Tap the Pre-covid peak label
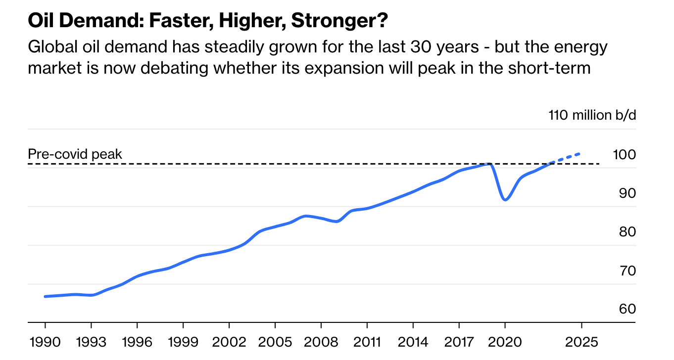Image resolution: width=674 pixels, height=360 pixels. [75, 154]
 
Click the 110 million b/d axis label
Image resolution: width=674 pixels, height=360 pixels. [592, 115]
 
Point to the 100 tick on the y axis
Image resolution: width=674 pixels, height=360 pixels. [624, 155]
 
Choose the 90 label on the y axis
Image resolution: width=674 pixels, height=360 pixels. [627, 193]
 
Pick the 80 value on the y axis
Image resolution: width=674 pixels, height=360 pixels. [627, 232]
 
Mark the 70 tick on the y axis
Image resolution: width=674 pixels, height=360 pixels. [627, 270]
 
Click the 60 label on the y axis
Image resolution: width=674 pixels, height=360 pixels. [627, 309]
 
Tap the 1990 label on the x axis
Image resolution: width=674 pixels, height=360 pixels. [45, 342]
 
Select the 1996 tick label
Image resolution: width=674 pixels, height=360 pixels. [137, 342]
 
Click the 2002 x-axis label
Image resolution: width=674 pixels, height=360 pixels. [229, 342]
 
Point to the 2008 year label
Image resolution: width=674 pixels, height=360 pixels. [321, 342]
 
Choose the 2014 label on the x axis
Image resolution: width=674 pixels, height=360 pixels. [413, 342]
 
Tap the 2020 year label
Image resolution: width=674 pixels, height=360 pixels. [505, 342]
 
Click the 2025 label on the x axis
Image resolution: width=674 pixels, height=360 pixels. [581, 342]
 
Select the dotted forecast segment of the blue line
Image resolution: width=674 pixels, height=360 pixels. [567, 158]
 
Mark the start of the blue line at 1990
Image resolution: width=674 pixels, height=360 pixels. [46, 296]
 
